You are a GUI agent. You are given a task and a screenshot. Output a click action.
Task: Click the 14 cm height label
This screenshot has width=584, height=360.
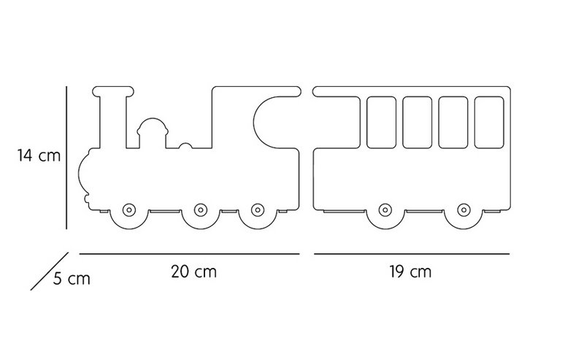click(x=39, y=155)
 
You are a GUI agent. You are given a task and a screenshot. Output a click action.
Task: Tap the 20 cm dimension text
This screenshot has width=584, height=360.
click(x=193, y=272)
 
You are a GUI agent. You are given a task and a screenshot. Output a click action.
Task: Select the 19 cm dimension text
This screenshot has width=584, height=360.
click(x=410, y=272)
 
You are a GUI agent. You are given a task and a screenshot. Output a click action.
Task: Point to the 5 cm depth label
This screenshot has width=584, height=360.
click(x=72, y=279)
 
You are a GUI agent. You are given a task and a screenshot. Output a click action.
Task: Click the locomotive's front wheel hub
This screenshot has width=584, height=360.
click(x=129, y=210)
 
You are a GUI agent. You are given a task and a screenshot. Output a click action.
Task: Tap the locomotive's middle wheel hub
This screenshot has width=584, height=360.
click(x=200, y=210)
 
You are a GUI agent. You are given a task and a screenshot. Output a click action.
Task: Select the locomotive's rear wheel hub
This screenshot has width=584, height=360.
click(x=258, y=210)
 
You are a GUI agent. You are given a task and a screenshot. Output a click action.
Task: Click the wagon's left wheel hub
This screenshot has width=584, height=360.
click(x=385, y=210)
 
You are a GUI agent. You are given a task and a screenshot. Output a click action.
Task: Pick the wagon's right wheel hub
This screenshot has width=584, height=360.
click(x=464, y=210)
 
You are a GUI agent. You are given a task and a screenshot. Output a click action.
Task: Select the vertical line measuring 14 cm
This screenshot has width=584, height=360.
click(x=66, y=158)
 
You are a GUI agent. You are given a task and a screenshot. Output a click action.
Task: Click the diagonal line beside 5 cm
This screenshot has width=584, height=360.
click(x=50, y=272)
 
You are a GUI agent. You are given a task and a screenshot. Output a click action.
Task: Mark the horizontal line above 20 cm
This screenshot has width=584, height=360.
click(x=190, y=254)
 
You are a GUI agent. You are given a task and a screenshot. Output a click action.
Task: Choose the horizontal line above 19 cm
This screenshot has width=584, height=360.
click(x=412, y=254)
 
